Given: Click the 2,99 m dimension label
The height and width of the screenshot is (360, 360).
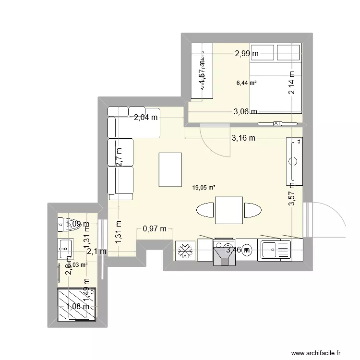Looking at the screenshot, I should [247, 54].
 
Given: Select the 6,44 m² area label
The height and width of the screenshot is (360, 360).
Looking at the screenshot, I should [246, 83].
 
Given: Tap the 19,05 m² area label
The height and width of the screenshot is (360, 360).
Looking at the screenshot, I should [204, 188].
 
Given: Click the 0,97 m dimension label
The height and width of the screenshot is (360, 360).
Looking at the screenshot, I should [155, 229].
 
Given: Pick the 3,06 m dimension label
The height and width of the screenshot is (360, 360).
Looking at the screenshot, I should [245, 112].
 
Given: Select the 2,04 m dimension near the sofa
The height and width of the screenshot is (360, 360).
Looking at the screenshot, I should [146, 117].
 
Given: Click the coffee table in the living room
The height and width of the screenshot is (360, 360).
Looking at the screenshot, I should [170, 169].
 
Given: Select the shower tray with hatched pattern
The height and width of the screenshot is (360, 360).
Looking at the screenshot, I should [76, 305].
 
